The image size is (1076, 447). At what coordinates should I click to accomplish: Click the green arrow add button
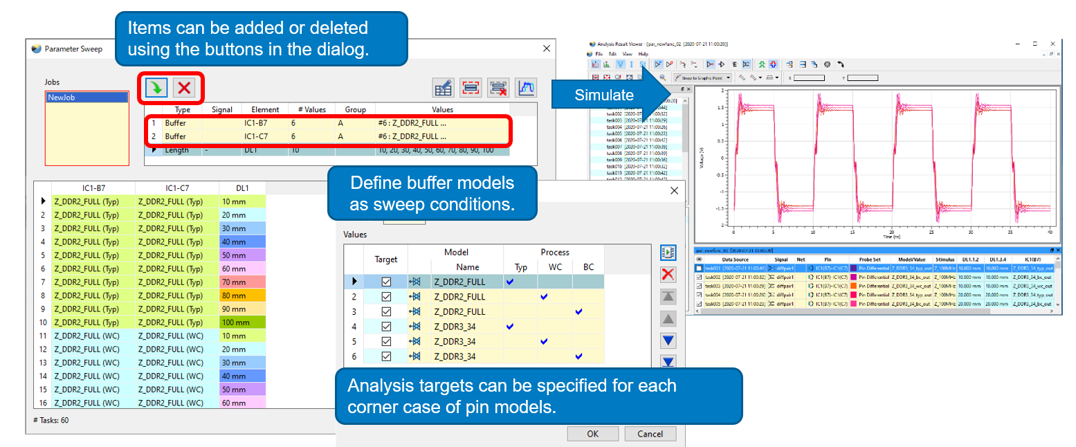click(157, 87)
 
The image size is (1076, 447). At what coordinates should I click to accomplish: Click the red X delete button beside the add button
click(184, 87)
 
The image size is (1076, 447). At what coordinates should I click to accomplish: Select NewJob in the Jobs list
click(61, 98)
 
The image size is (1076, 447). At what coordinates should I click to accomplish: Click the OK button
click(592, 434)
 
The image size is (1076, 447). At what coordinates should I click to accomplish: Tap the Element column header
click(265, 109)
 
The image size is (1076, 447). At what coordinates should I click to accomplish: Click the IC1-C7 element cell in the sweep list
click(256, 136)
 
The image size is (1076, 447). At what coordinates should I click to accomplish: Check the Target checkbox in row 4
click(386, 327)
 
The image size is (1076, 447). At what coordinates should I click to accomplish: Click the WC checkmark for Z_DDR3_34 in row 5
click(544, 341)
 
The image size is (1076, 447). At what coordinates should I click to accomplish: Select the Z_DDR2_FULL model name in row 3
click(459, 311)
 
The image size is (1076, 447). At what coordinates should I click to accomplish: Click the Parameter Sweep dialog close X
click(547, 48)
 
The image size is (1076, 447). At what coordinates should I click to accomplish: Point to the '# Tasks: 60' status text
click(51, 420)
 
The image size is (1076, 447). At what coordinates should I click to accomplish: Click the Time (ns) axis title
click(891, 236)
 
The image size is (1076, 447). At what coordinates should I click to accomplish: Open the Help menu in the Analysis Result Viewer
click(643, 53)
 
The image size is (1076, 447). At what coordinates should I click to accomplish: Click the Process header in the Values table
click(554, 253)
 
